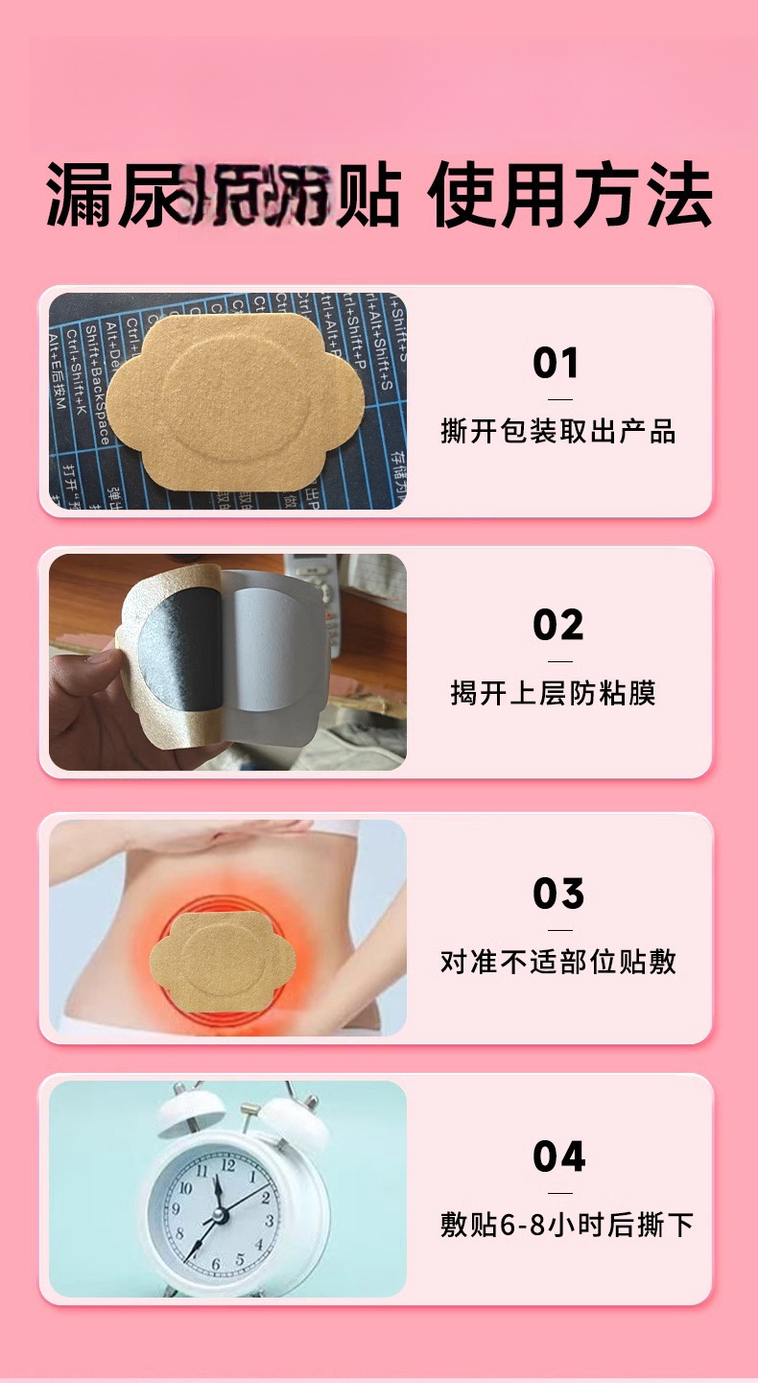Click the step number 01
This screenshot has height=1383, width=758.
(x=557, y=364)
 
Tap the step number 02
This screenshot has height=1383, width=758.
(x=557, y=626)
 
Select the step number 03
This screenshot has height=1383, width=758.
(x=558, y=894)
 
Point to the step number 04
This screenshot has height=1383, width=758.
(x=558, y=1156)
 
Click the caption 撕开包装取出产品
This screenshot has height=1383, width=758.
(x=558, y=431)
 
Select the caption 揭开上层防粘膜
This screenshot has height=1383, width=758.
(x=554, y=692)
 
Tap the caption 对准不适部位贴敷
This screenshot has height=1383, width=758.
(x=558, y=961)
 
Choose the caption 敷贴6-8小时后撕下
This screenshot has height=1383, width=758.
(x=566, y=1225)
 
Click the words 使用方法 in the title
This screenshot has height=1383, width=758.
(x=572, y=195)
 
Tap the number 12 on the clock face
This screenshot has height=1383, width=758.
(x=227, y=1164)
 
